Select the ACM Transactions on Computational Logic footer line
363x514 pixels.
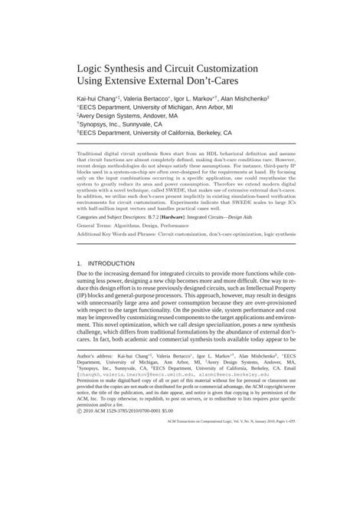[x=217, y=443]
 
